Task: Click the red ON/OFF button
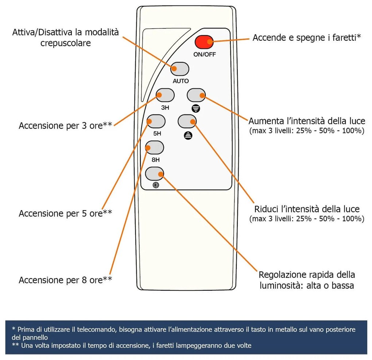[x=204, y=42]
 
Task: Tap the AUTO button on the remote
[x=180, y=69]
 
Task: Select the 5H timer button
[x=156, y=121]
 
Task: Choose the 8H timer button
[x=155, y=148]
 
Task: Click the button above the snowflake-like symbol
[x=155, y=174]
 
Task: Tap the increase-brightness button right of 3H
[x=197, y=95]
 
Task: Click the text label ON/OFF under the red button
[x=204, y=55]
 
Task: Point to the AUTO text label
[x=181, y=81]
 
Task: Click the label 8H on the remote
[x=155, y=160]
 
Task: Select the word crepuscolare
[x=66, y=43]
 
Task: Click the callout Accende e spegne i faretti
[x=307, y=38]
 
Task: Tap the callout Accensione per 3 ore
[x=65, y=126]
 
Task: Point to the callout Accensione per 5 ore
[x=65, y=214]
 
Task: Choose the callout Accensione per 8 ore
[x=65, y=280]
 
